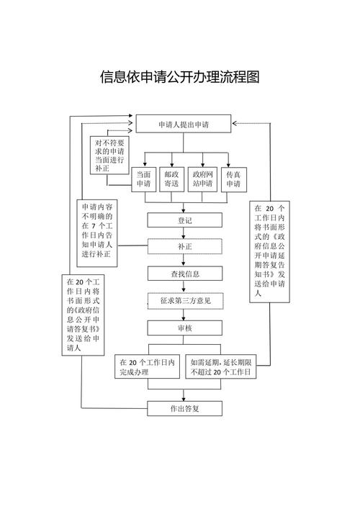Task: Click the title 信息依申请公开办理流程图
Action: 179,77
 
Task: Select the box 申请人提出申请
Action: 184,125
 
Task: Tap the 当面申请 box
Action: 144,179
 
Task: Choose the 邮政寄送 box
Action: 171,179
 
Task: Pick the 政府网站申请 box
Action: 202,179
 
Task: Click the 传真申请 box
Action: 233,179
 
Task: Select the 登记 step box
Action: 184,220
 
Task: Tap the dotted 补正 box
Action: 184,246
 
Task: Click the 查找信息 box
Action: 184,273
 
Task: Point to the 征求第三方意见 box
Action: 184,300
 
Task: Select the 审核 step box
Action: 184,328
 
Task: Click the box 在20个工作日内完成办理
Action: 148,367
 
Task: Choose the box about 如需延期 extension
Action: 221,367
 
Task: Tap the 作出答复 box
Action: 184,408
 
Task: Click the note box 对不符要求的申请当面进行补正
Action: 109,155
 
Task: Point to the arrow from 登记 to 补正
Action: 184,233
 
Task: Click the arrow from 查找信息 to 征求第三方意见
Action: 184,287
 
